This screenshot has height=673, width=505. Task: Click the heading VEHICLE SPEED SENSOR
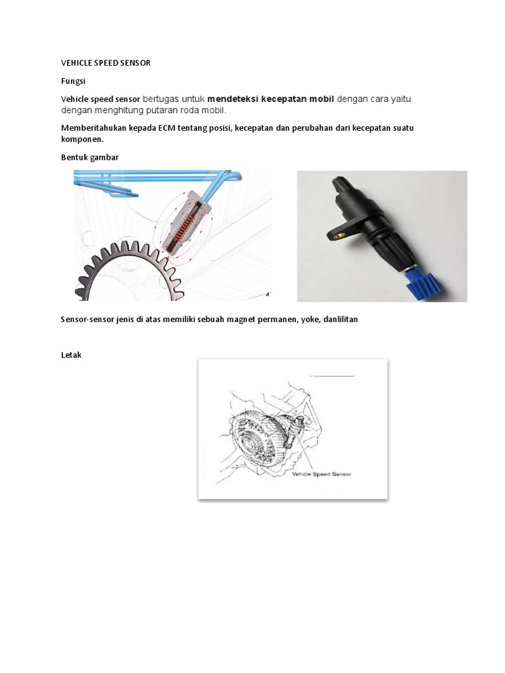point(106,63)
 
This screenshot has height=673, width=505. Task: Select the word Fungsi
point(73,81)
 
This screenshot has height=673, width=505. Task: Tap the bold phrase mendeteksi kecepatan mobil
point(271,99)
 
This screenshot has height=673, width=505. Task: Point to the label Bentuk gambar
point(89,158)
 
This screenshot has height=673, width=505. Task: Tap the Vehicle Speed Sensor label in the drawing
point(320,474)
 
